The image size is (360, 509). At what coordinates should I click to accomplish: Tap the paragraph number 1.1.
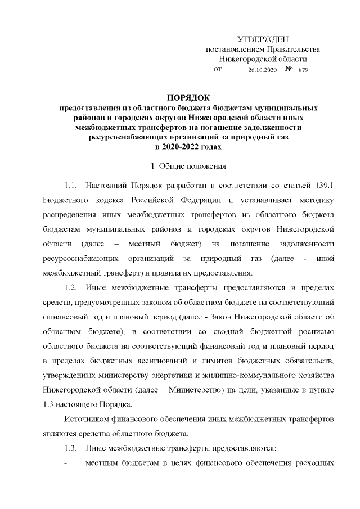coord(70,186)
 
